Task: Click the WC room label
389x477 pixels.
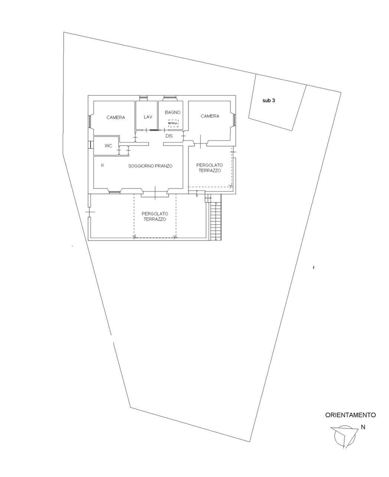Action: point(108,146)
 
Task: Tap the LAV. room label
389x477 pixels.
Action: point(148,117)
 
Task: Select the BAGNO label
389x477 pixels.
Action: point(173,112)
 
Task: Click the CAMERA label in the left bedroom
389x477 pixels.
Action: point(116,118)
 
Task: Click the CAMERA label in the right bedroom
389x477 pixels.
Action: point(210,116)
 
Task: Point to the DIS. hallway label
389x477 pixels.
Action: point(170,136)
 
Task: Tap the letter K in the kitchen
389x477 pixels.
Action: point(103,165)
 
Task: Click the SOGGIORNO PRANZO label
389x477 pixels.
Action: point(150,166)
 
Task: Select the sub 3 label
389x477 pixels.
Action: point(269,101)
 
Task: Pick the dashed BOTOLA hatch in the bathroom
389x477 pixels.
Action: point(173,124)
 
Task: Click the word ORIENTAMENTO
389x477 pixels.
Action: point(350,415)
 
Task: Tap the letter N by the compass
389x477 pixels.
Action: point(363,427)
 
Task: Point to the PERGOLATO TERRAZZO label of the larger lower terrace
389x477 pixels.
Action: point(154,217)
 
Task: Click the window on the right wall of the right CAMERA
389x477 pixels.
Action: point(234,119)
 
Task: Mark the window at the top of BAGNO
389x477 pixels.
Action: point(170,98)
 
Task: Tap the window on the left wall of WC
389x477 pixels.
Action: point(90,145)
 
